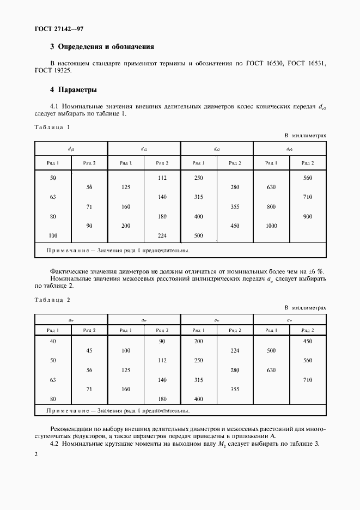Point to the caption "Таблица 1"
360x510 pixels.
click(52, 127)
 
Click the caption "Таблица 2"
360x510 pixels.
click(52, 300)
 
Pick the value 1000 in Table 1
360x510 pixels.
click(271, 226)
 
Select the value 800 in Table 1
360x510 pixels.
click(271, 207)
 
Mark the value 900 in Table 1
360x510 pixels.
click(308, 216)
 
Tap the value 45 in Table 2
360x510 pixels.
click(89, 351)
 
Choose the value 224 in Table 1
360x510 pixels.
click(162, 235)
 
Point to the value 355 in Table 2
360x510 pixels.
click(235, 390)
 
